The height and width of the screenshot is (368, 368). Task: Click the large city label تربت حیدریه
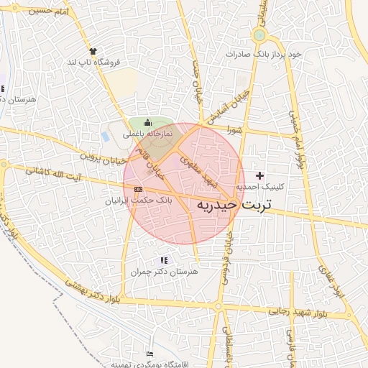pos(234,206)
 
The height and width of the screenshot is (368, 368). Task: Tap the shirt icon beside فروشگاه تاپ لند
pos(93,50)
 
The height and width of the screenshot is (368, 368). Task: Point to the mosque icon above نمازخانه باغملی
pos(148,123)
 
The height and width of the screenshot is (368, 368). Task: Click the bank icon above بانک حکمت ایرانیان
pos(138,189)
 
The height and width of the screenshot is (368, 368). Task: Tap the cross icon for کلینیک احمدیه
pos(259,175)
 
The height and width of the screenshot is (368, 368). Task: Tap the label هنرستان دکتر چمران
pos(164,272)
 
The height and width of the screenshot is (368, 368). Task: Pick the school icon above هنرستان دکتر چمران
pos(164,259)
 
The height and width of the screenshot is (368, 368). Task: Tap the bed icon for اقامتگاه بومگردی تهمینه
pos(149,354)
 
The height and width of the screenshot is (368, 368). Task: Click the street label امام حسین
pos(50,12)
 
